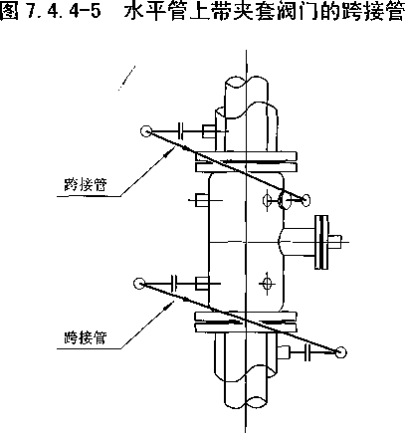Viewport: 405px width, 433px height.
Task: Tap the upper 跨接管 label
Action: tap(86, 184)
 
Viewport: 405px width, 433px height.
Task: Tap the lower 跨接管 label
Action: tap(86, 337)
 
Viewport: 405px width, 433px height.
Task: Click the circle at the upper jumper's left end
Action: tap(146, 131)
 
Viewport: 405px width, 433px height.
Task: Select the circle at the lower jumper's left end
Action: tap(139, 284)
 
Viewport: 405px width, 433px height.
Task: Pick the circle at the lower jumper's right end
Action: tap(340, 352)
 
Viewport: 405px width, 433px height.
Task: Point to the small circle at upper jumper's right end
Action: tap(305, 200)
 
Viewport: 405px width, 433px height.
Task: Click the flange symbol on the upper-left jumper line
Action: tap(181, 131)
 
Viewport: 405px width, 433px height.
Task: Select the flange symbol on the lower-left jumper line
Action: tap(174, 284)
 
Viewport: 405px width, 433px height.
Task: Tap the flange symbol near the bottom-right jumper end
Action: tap(307, 352)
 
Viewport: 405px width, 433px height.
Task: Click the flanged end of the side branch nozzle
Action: tap(321, 242)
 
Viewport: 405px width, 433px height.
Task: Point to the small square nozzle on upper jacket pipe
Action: tap(209, 131)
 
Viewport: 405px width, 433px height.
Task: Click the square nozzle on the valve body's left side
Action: tap(202, 200)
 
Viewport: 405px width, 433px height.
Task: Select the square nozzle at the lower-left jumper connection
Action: tap(202, 284)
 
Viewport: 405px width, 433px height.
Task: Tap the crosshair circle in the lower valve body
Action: tap(266, 283)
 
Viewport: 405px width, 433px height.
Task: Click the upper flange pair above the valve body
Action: tap(246, 161)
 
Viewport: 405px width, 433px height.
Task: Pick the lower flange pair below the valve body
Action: tap(246, 322)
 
